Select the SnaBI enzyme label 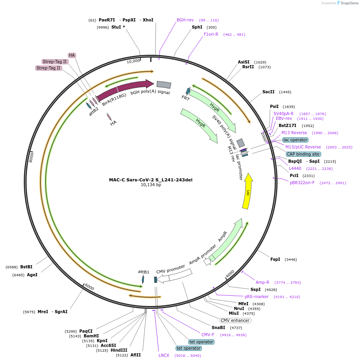(x=218, y=327)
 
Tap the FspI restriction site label (x=275, y=259)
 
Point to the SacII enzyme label (x=268, y=92)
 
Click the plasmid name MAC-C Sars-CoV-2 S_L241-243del (x=151, y=179)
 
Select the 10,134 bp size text (x=151, y=185)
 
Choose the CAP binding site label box (x=303, y=154)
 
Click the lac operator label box (x=295, y=140)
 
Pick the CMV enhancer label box (x=235, y=320)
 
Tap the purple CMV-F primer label (x=207, y=335)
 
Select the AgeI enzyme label (x=32, y=275)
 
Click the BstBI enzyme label (x=26, y=267)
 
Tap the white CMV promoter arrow (x=174, y=276)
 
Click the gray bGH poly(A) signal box (x=164, y=85)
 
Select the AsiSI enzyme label (x=244, y=62)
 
